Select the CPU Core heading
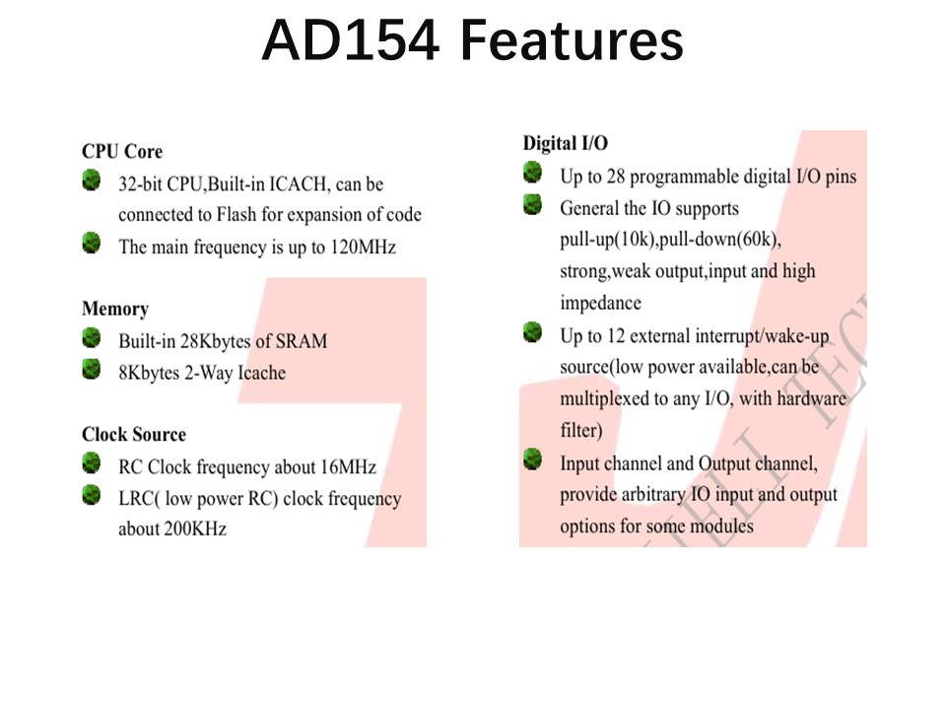pos(122,151)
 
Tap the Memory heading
pos(115,309)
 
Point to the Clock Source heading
pos(134,434)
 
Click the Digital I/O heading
pos(566,143)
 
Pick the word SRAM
pos(302,341)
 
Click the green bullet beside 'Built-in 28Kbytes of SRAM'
pos(92,338)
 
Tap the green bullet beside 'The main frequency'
pos(92,244)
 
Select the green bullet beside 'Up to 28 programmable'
pos(533,173)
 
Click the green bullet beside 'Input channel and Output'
pos(533,460)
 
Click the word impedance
pos(600,303)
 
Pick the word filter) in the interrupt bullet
pos(581,430)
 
